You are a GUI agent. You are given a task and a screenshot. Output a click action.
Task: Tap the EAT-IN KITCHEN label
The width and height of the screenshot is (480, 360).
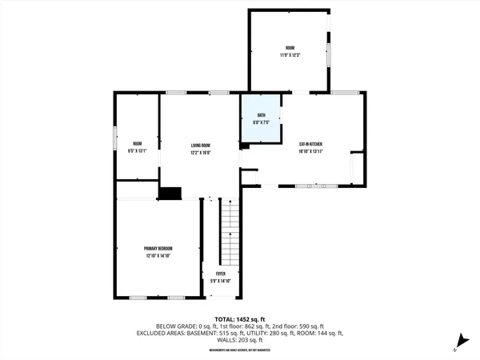(310, 145)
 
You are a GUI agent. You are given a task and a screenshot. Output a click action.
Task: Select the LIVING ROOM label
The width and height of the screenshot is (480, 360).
(200, 146)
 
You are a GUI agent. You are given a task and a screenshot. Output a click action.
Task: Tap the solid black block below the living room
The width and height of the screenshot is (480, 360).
(170, 193)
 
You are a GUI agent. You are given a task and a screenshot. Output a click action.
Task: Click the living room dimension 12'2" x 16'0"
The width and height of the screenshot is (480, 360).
(200, 152)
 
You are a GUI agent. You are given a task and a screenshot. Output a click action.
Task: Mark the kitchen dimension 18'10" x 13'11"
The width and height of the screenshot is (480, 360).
(310, 151)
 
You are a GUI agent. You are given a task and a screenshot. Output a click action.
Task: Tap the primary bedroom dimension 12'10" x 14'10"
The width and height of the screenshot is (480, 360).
(158, 256)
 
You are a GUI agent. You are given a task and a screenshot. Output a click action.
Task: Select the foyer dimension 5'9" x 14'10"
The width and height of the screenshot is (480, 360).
(220, 280)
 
